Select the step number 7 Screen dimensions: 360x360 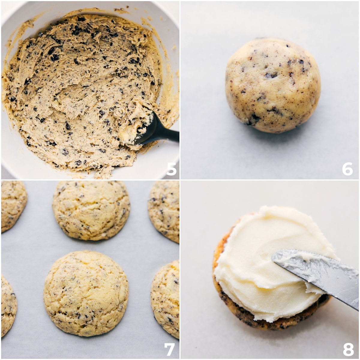coord(169,349)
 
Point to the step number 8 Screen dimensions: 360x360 coord(348,349)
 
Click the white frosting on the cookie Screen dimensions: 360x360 coord(264,264)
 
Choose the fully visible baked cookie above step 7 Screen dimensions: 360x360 coord(86,293)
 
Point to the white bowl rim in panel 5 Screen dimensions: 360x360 coord(18,12)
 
